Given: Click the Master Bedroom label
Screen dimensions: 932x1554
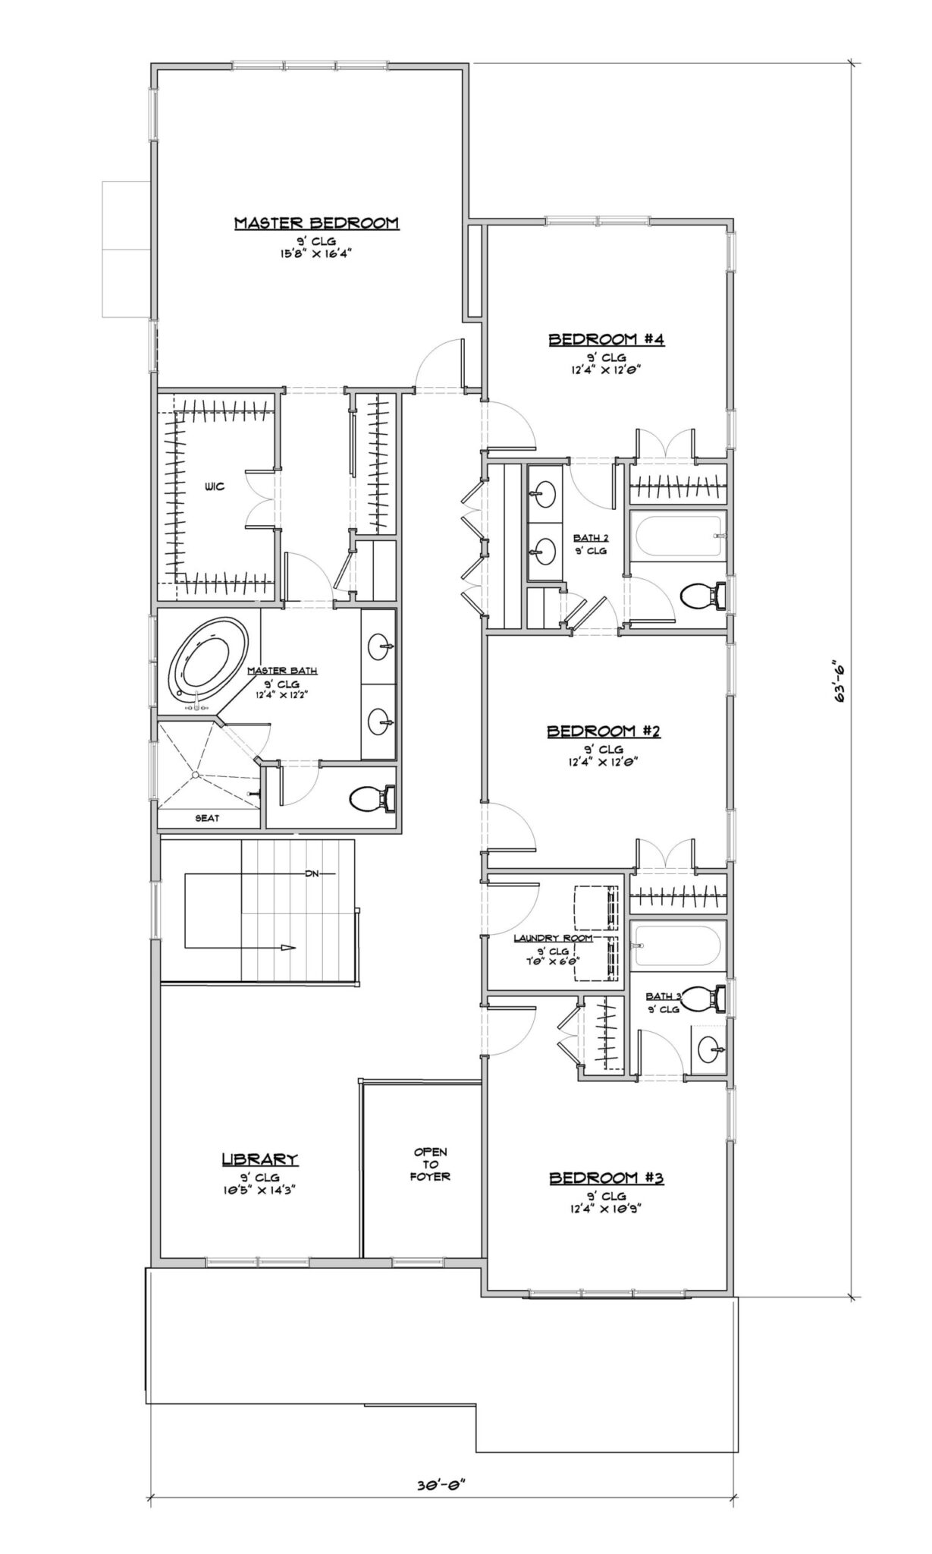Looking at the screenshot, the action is coord(316,223).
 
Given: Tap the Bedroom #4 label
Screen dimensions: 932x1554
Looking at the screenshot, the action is coord(607,340).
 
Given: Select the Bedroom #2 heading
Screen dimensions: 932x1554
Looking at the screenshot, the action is coord(605,731).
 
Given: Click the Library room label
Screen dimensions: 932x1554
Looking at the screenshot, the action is coord(260,1159).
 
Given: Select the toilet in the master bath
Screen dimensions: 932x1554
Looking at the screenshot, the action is coord(372,798).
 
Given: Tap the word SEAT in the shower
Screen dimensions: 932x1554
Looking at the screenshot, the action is coord(208,818).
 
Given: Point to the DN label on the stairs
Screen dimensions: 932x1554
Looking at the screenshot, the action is coord(312,873).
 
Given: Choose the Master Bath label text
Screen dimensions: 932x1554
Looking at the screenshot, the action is coord(283,671).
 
